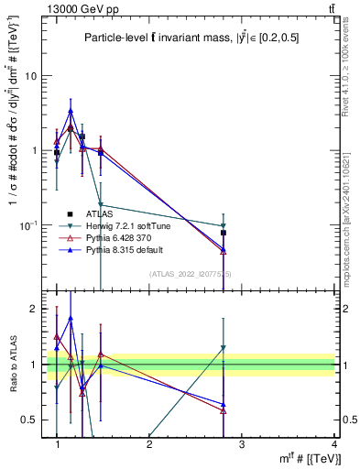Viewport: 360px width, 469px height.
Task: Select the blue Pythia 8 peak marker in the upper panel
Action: [x=71, y=111]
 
